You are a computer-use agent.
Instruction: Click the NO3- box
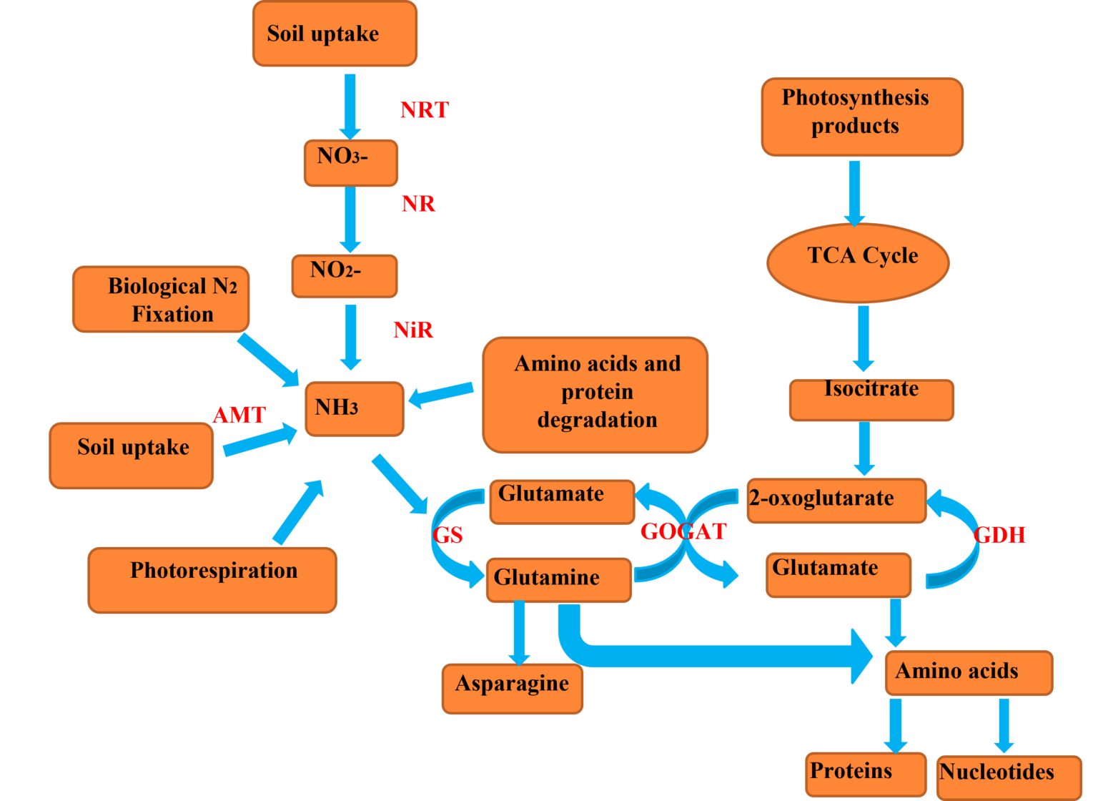pyautogui.click(x=350, y=162)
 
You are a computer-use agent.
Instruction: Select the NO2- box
pyautogui.click(x=344, y=276)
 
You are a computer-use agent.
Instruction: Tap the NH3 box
pyautogui.click(x=354, y=408)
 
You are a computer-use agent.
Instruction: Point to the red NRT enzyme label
pyautogui.click(x=424, y=110)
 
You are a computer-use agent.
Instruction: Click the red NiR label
pyautogui.click(x=413, y=330)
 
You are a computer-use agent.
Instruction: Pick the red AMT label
pyautogui.click(x=239, y=415)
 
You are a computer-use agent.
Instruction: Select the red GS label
pyautogui.click(x=447, y=535)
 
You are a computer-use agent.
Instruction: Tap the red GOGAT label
pyautogui.click(x=683, y=531)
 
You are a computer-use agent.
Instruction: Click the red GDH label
pyautogui.click(x=999, y=534)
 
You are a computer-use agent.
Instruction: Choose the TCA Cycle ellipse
pyautogui.click(x=858, y=262)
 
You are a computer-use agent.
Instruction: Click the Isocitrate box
pyautogui.click(x=871, y=399)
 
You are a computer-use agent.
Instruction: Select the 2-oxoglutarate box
pyautogui.click(x=836, y=501)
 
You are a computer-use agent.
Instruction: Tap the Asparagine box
pyautogui.click(x=512, y=688)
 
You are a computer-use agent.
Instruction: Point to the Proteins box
pyautogui.click(x=865, y=774)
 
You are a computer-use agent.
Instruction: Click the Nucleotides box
pyautogui.click(x=1008, y=777)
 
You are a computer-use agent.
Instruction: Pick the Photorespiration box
pyautogui.click(x=212, y=580)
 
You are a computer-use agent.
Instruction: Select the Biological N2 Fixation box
pyautogui.click(x=161, y=300)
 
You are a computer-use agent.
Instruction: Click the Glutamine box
pyautogui.click(x=559, y=580)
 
